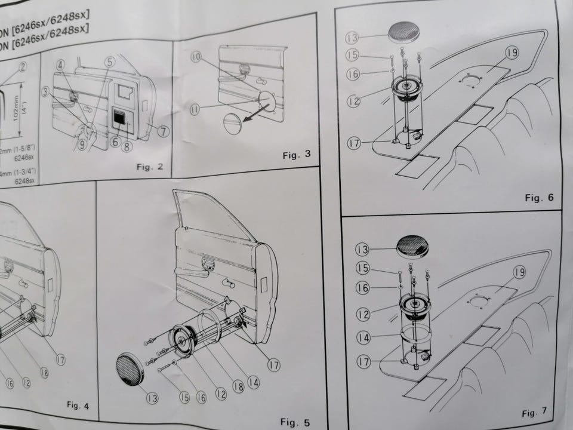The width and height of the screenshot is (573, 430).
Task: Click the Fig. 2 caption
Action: point(150,167)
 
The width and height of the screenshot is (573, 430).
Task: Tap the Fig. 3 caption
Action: point(297,155)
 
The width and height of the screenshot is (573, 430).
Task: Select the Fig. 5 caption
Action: point(295,422)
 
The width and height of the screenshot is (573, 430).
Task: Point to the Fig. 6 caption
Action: point(539,198)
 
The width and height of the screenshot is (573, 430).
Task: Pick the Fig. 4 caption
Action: point(78,406)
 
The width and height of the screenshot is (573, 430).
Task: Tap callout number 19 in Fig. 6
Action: point(495,52)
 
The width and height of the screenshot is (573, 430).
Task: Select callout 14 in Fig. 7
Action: point(363,338)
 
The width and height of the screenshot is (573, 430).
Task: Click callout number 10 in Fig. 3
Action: point(196,57)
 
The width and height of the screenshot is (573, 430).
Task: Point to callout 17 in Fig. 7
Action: point(363,361)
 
